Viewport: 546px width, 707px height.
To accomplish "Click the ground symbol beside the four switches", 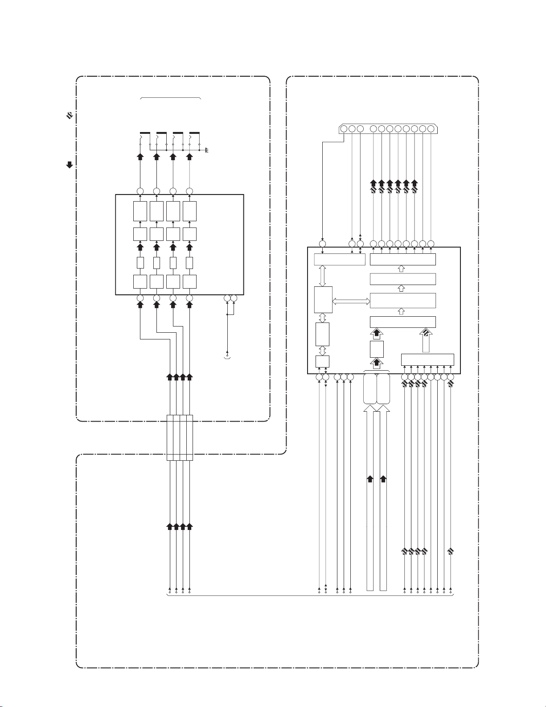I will [x=207, y=151].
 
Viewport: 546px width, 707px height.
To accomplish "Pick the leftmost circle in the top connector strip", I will [x=344, y=129].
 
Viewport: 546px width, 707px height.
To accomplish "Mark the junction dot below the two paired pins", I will [x=227, y=314].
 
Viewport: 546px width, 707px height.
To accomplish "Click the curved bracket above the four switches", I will [x=171, y=97].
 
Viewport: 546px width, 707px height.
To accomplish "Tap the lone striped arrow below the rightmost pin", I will [x=451, y=551].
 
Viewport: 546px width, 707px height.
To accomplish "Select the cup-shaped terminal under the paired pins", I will [x=227, y=358].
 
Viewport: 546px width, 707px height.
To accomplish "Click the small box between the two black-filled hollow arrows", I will [x=377, y=349].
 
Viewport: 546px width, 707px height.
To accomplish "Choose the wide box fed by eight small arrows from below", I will [x=427, y=359].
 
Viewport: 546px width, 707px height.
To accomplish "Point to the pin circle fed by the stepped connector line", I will [x=322, y=244].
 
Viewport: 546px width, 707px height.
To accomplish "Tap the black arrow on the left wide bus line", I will [x=370, y=480].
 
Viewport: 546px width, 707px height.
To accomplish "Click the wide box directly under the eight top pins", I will [x=402, y=259].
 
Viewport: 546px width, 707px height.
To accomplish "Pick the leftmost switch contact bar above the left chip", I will [x=145, y=133].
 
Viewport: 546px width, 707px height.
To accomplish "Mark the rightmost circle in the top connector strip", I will [x=431, y=129].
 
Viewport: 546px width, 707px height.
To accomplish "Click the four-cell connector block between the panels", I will [x=180, y=438].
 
